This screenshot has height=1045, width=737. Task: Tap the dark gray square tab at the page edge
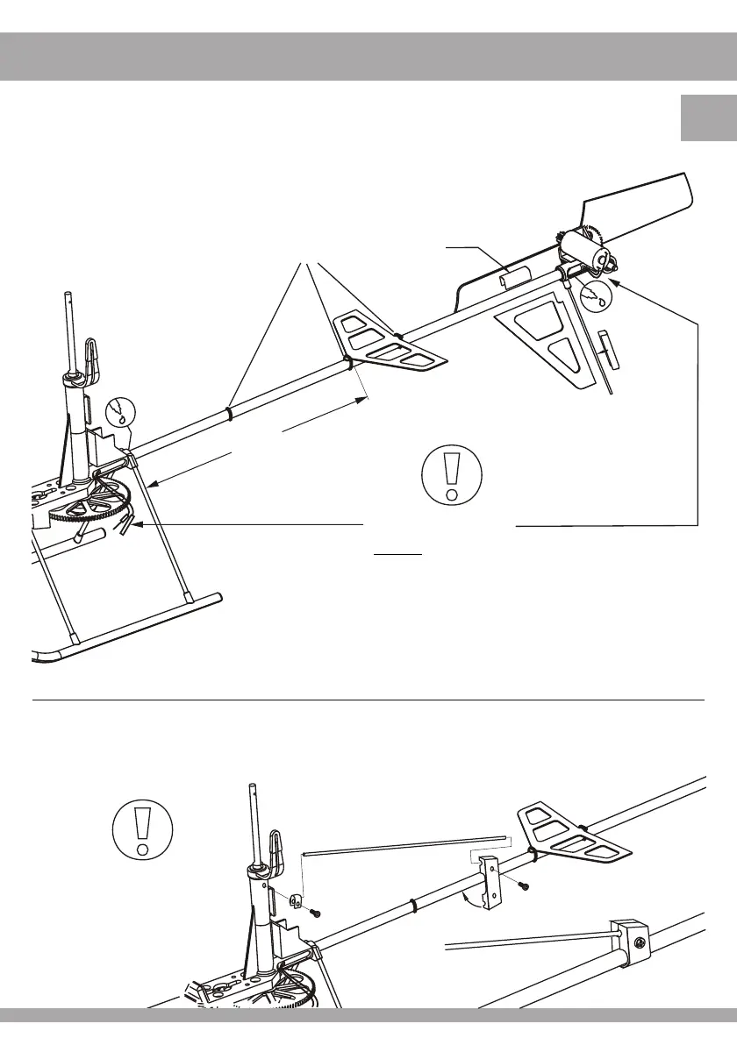pyautogui.click(x=708, y=118)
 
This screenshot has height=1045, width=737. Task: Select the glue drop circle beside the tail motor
pyautogui.click(x=600, y=295)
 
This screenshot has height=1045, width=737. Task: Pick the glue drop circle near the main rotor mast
pyautogui.click(x=121, y=412)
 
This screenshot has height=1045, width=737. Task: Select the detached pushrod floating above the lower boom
pyautogui.click(x=404, y=844)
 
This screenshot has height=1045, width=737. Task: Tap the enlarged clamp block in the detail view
pyautogui.click(x=628, y=945)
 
